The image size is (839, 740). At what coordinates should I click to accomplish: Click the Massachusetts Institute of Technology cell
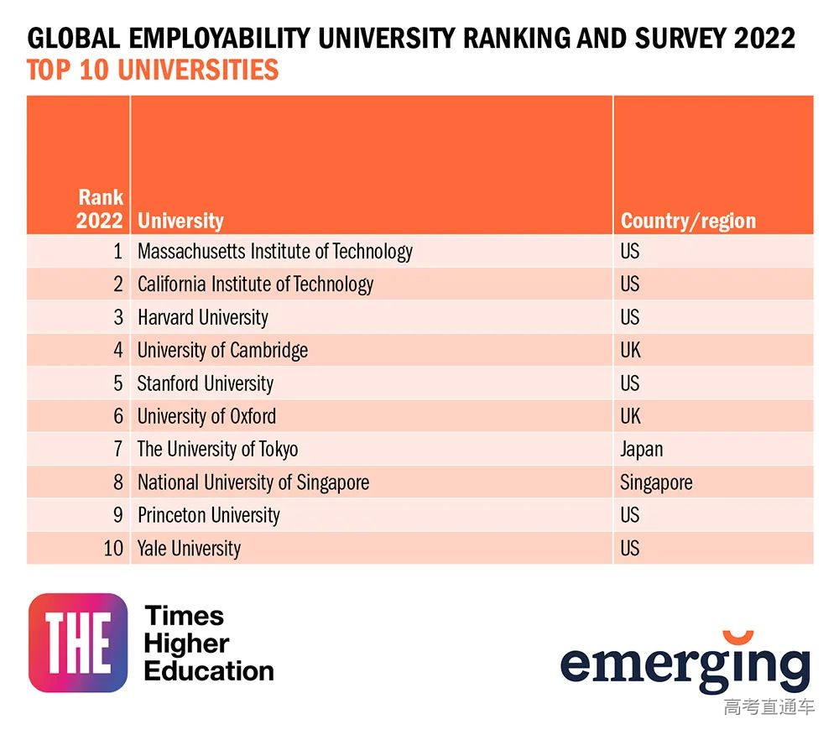[275, 252]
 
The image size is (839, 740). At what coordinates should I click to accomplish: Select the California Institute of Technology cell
[255, 284]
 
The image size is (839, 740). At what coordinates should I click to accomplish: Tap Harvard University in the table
[203, 318]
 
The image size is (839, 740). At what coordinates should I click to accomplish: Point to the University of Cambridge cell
[222, 351]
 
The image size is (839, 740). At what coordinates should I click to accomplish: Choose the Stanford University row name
[206, 383]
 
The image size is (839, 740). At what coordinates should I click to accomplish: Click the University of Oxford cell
[206, 416]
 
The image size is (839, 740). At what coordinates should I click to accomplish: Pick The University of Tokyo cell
[217, 449]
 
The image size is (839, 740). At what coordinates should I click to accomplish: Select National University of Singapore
[253, 482]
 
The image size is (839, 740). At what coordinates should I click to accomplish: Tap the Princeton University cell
[209, 515]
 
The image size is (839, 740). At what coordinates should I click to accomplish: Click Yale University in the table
[189, 549]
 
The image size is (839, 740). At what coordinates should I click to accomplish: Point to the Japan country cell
[641, 449]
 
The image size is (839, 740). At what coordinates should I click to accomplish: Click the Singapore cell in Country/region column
[656, 482]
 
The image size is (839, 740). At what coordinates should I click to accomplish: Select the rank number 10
[113, 549]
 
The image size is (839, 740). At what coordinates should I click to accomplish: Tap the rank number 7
[118, 449]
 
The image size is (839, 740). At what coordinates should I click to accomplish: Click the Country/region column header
[688, 221]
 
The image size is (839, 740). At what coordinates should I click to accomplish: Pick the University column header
[180, 221]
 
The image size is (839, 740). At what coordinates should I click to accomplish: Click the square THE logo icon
[78, 643]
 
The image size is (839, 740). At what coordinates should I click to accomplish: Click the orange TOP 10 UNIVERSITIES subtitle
[153, 70]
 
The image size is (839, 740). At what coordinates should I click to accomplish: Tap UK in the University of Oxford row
[630, 416]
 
